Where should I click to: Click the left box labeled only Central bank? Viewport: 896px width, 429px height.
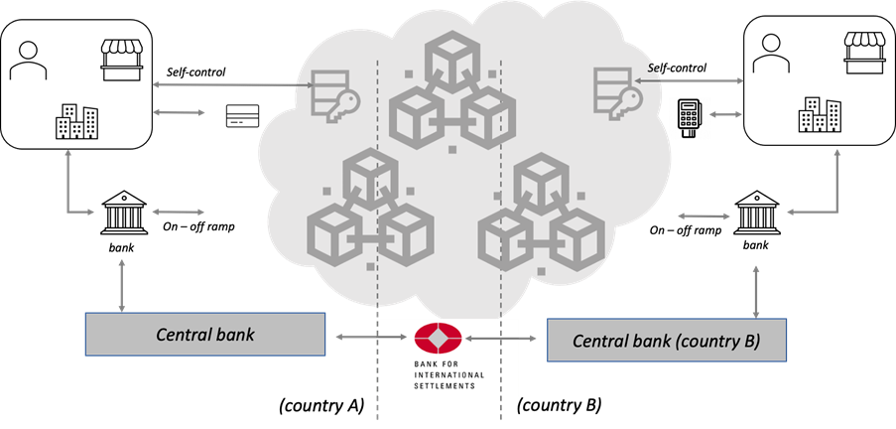tap(204, 335)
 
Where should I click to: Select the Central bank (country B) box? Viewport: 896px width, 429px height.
tap(667, 341)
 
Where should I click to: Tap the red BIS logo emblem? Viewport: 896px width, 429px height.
tap(438, 339)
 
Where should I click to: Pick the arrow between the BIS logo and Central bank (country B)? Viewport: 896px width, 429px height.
tap(506, 340)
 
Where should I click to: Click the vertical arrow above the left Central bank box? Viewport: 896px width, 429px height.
tap(122, 285)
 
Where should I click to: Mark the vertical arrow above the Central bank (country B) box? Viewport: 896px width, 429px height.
tap(757, 291)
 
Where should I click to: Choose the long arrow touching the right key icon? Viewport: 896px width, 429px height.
tap(690, 81)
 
